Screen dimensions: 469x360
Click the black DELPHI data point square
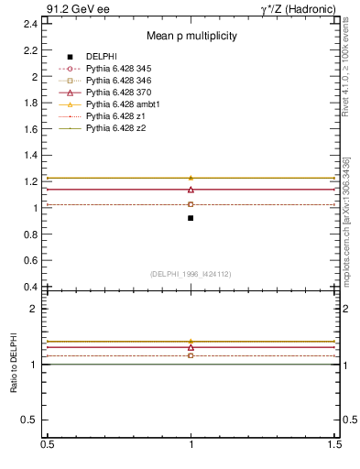[191, 218]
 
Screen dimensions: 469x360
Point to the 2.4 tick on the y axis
[30, 24]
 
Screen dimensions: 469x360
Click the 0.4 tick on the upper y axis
[30, 287]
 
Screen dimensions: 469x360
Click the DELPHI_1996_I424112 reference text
[190, 273]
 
